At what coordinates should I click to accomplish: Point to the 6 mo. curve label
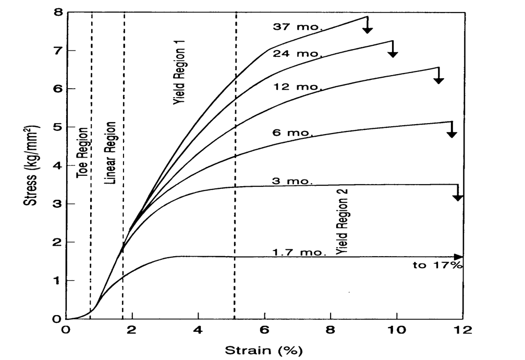click(292, 133)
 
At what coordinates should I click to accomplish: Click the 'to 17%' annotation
click(437, 266)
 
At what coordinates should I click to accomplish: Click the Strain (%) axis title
click(263, 349)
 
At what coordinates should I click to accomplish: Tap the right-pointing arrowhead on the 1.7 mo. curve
click(458, 257)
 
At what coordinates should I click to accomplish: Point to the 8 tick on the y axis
click(57, 12)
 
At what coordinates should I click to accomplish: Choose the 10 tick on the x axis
click(397, 330)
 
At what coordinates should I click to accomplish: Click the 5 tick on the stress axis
click(57, 127)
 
